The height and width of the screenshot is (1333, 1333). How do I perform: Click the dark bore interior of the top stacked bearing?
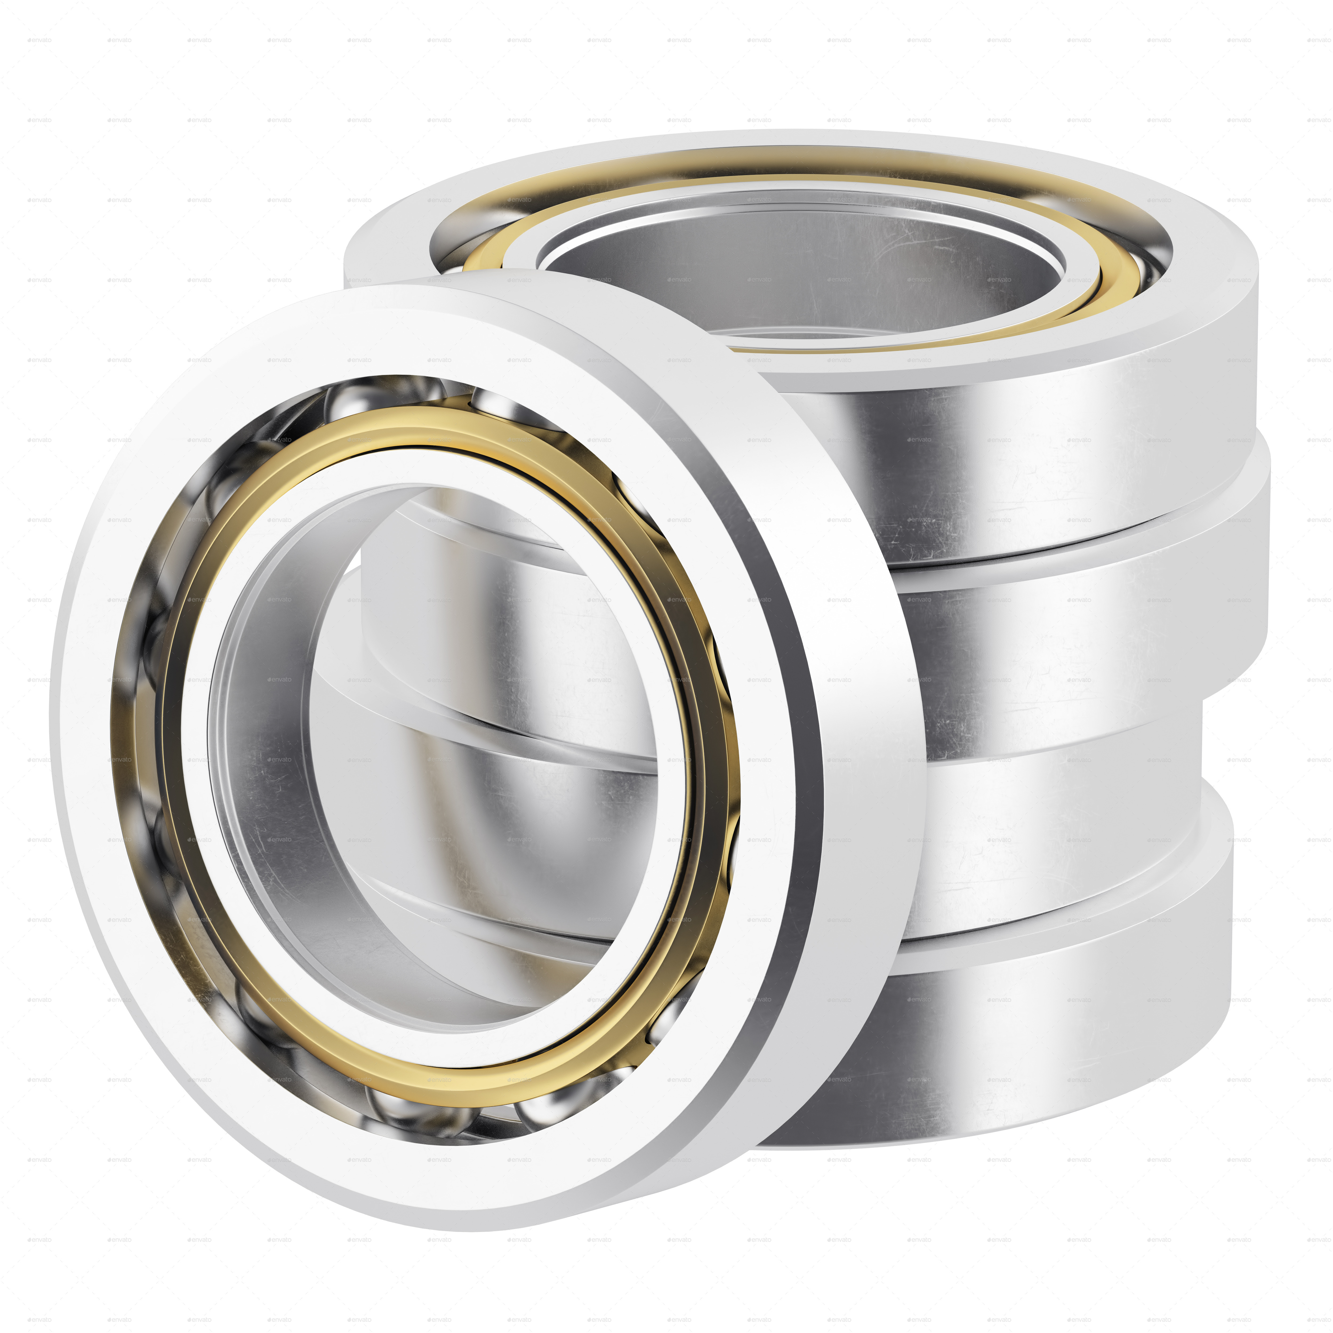[x=793, y=276]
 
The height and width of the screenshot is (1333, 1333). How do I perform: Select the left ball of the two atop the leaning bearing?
[x=352, y=400]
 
